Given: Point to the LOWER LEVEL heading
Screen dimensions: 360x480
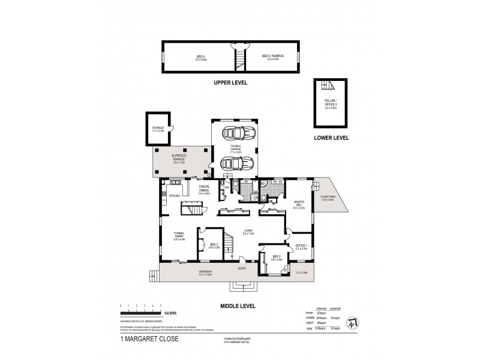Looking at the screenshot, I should (x=332, y=138).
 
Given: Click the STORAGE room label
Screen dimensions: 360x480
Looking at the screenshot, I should (x=158, y=128).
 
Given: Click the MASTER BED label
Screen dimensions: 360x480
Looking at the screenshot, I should (x=299, y=204).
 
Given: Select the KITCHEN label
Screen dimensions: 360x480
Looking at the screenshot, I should (x=174, y=196).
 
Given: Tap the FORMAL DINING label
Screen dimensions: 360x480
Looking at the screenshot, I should (x=179, y=236).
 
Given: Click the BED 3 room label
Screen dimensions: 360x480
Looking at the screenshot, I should (x=214, y=245).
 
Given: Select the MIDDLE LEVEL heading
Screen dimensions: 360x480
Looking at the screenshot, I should (x=239, y=305).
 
